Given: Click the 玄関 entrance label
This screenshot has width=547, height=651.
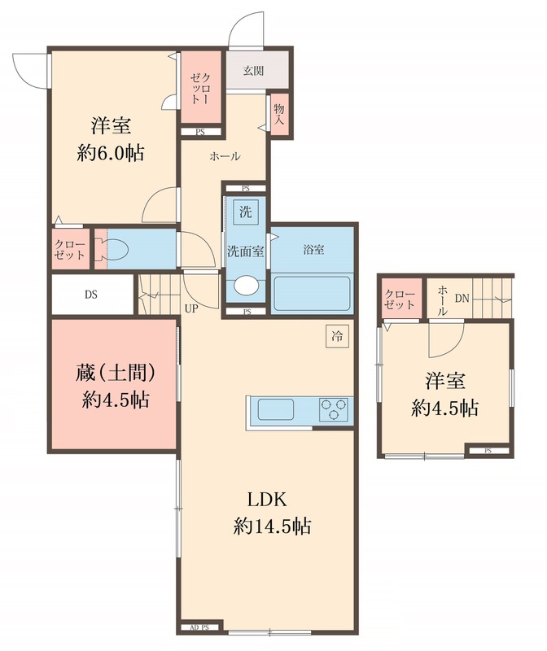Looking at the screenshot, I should click(x=252, y=70).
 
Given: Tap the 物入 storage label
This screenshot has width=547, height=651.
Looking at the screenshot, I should click(x=279, y=114).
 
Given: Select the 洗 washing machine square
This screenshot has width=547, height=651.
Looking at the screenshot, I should click(x=245, y=212).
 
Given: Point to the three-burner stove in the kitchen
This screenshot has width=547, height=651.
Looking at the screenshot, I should click(x=333, y=409).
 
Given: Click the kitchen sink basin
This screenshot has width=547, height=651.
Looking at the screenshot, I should click(x=275, y=409).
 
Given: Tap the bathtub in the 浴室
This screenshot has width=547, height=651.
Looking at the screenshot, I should click(x=312, y=292).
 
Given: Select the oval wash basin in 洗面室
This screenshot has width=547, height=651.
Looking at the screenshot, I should click(x=244, y=286).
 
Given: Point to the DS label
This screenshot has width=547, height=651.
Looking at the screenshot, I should click(x=90, y=295).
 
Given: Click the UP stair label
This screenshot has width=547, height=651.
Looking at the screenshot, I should click(x=192, y=308).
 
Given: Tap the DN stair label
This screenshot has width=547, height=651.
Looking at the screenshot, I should click(x=462, y=299).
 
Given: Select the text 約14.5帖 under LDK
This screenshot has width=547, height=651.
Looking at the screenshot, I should click(x=269, y=526).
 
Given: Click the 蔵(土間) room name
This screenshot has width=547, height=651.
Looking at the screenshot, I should click(x=114, y=373).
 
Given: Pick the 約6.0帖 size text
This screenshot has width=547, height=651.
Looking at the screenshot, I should click(x=111, y=153).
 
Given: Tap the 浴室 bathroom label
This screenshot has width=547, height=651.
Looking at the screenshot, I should click(x=313, y=250).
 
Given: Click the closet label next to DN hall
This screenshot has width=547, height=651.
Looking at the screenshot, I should click(x=399, y=299).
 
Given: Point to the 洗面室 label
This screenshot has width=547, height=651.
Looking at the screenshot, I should click(x=244, y=251).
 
